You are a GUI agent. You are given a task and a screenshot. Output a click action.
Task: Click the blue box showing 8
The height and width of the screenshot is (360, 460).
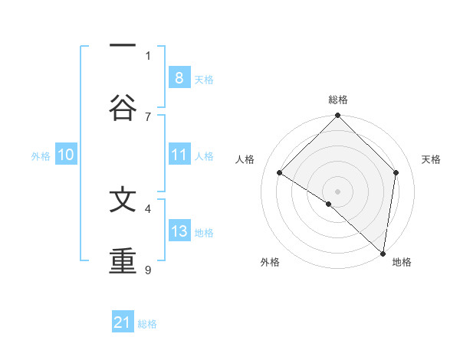click(179, 78)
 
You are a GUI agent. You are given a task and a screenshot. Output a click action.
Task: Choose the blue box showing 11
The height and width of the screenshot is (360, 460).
click(179, 155)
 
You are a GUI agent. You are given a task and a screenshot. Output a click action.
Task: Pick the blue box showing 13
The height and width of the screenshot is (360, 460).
click(179, 231)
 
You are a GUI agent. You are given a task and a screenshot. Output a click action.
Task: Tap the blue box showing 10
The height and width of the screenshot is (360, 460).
click(66, 155)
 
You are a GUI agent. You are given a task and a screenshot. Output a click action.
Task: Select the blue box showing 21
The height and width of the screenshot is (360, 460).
click(123, 323)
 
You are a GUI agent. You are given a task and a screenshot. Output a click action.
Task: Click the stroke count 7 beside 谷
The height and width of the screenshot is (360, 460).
click(148, 116)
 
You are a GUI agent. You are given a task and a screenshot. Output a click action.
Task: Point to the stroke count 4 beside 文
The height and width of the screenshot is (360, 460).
click(148, 208)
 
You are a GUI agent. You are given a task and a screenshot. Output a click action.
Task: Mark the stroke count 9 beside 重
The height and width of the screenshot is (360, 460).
click(148, 269)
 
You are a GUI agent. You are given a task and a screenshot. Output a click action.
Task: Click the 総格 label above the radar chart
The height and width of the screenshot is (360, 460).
click(338, 100)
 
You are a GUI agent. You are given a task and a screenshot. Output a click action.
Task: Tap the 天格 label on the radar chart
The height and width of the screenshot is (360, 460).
click(431, 159)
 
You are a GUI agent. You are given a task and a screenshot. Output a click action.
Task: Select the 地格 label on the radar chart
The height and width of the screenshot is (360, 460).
click(402, 262)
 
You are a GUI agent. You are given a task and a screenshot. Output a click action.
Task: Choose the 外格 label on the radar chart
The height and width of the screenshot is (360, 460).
click(270, 262)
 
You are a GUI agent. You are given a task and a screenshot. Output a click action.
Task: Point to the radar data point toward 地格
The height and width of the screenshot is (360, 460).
click(383, 253)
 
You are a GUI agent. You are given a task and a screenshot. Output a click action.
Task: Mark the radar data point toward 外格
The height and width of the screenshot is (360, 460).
click(329, 204)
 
